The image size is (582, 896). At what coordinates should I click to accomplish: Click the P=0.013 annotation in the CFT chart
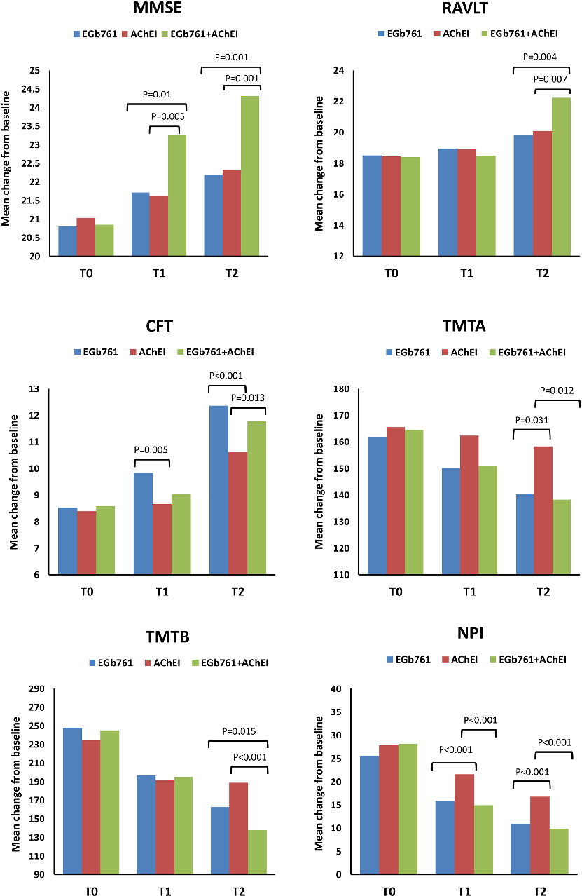pos(247,398)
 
